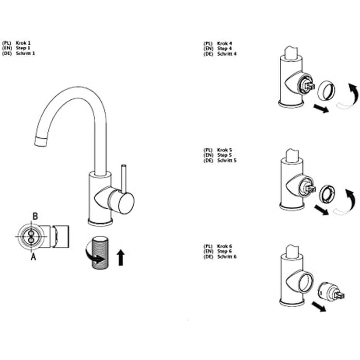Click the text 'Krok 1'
point(23,43)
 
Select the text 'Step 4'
point(225,48)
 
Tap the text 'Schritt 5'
point(227,160)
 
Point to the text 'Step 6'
point(225,251)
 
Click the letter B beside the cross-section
point(35,216)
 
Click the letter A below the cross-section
point(33,257)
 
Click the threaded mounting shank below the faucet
point(101,253)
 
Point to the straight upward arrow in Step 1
point(121,257)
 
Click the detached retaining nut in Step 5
point(328,194)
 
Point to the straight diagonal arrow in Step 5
point(321,210)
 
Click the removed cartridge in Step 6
point(331,291)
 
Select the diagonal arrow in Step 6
point(319,307)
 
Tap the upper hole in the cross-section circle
point(31,233)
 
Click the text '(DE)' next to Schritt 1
point(7,53)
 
